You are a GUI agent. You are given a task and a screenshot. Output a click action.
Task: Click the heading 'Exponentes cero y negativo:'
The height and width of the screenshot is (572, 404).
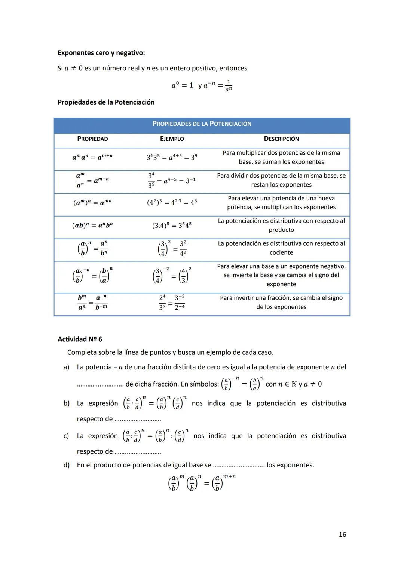click(x=101, y=53)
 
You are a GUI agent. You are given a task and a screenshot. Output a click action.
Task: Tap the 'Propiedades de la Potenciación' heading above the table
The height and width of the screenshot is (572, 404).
click(x=106, y=102)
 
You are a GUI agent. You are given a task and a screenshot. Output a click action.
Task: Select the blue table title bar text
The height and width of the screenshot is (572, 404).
click(x=202, y=124)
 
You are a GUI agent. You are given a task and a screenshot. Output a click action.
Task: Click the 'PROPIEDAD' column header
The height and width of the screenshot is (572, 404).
click(x=92, y=139)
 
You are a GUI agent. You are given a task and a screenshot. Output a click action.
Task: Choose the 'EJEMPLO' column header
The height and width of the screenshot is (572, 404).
click(x=172, y=139)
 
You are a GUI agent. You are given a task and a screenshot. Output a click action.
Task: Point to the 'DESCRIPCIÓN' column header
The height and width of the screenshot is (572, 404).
click(x=281, y=139)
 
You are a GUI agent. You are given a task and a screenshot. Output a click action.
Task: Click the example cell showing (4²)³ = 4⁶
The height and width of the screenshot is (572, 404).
click(x=172, y=203)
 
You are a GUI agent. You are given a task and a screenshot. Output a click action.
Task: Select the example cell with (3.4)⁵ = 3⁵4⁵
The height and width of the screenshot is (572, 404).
click(x=172, y=226)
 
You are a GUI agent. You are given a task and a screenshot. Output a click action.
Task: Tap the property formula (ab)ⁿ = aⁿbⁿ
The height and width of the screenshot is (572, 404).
click(x=92, y=226)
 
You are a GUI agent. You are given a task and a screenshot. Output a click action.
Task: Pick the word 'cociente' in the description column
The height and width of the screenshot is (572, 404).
click(x=281, y=253)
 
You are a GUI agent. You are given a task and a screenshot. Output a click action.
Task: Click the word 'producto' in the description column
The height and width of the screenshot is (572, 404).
click(x=281, y=230)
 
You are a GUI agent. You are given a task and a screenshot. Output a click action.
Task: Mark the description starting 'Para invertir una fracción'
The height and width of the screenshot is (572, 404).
click(x=281, y=302)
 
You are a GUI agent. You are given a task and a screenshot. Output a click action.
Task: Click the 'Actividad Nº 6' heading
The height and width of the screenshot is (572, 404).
click(x=80, y=339)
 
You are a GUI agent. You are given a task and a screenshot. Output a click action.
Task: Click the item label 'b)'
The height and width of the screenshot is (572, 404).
click(x=67, y=403)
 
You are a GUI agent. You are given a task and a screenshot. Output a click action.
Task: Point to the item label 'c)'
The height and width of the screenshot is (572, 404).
click(x=67, y=436)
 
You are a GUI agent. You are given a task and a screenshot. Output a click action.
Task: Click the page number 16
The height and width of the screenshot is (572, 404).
click(x=342, y=535)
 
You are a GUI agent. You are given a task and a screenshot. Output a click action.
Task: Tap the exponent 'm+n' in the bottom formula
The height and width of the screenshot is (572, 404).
click(x=229, y=477)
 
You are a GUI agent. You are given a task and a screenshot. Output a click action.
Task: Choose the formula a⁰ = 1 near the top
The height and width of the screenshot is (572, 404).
click(x=182, y=85)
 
